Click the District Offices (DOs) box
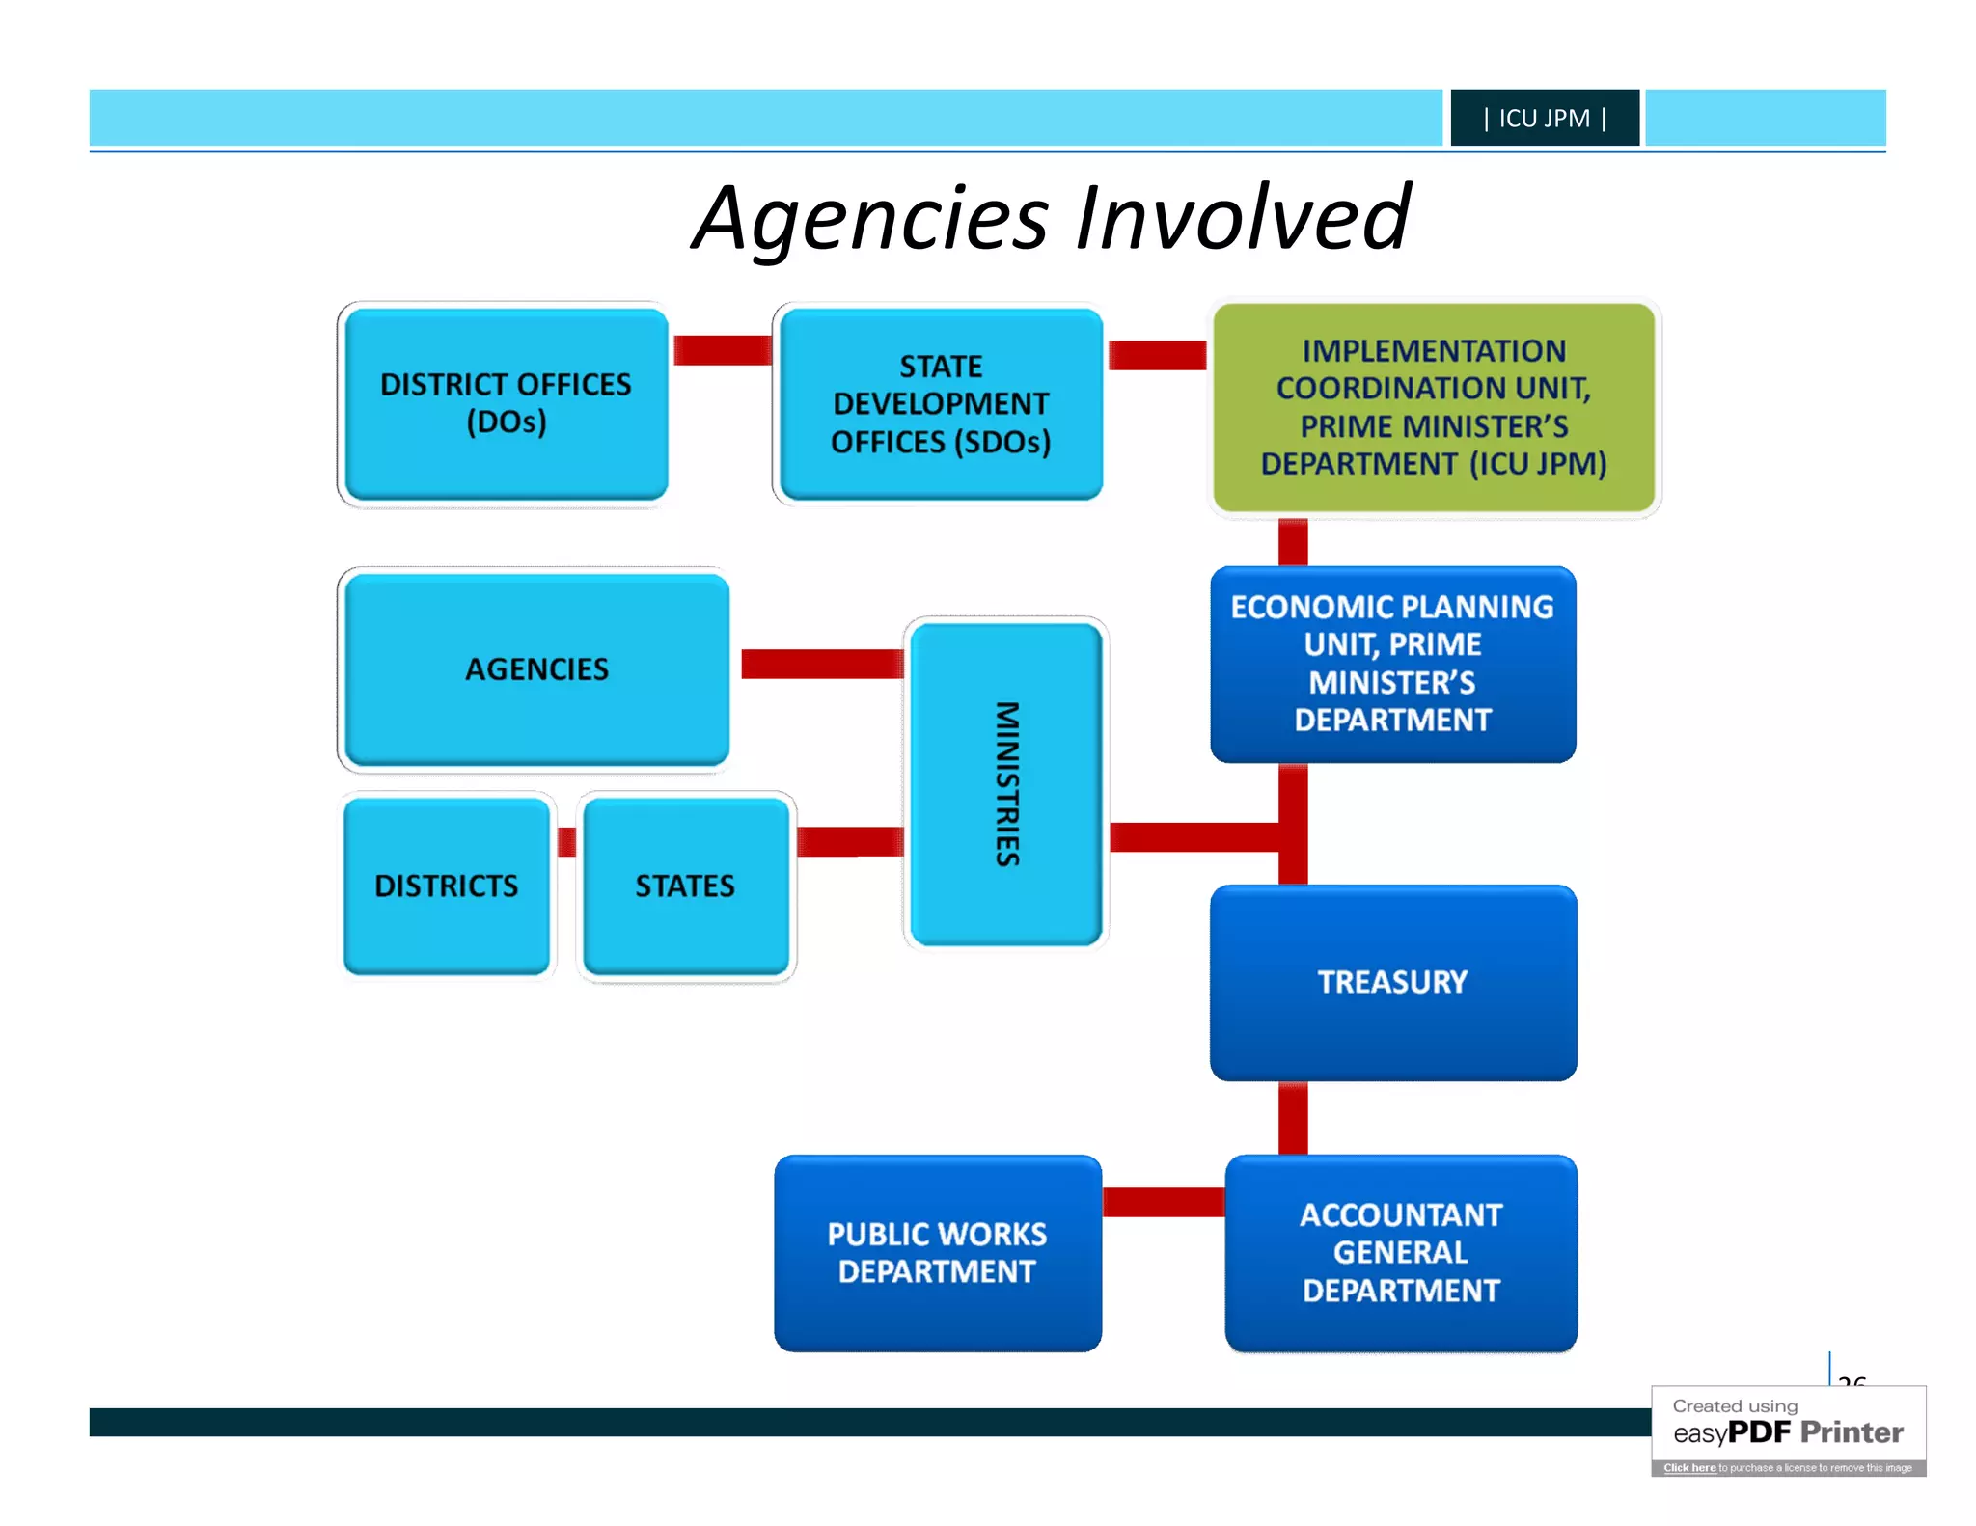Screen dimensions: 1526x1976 pyautogui.click(x=506, y=403)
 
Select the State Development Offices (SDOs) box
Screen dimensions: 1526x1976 pyautogui.click(x=941, y=403)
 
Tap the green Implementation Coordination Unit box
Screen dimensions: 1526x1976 pyautogui.click(x=1434, y=407)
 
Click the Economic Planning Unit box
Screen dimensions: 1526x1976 pyautogui.click(x=1392, y=664)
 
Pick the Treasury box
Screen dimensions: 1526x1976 pyautogui.click(x=1392, y=982)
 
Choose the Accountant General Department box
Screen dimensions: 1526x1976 pyautogui.click(x=1401, y=1252)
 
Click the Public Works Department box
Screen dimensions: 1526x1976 pyautogui.click(x=937, y=1252)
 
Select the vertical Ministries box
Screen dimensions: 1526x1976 pyautogui.click(x=1006, y=783)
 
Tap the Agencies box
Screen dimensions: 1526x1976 pyautogui.click(x=536, y=669)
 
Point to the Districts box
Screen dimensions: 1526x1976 pyautogui.click(x=447, y=886)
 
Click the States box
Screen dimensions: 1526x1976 pyautogui.click(x=685, y=886)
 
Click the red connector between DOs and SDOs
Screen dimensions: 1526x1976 pyautogui.click(x=722, y=350)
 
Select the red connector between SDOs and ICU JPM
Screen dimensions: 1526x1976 pyautogui.click(x=1157, y=355)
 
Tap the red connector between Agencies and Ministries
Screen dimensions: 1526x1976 pyautogui.click(x=821, y=664)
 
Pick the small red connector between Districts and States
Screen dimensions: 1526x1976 pyautogui.click(x=567, y=842)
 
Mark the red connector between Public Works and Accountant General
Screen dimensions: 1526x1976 pyautogui.click(x=1163, y=1202)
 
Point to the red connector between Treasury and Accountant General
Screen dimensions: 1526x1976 pyautogui.click(x=1293, y=1117)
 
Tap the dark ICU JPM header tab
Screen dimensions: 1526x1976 pyautogui.click(x=1544, y=118)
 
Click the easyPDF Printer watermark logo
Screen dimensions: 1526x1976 pyautogui.click(x=1788, y=1431)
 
